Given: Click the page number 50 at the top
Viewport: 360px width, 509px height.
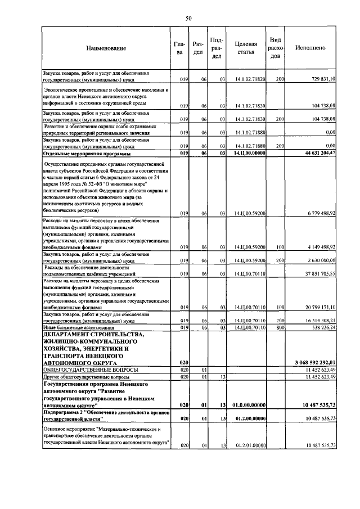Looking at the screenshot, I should pyautogui.click(x=189, y=19).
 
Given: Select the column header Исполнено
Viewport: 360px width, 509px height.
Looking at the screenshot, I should pyautogui.click(x=310, y=48).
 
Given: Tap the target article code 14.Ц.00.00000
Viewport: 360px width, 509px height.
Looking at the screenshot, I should pyautogui.click(x=250, y=153).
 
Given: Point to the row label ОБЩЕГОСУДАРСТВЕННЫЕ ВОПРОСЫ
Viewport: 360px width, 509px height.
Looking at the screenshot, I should pyautogui.click(x=83, y=369).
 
